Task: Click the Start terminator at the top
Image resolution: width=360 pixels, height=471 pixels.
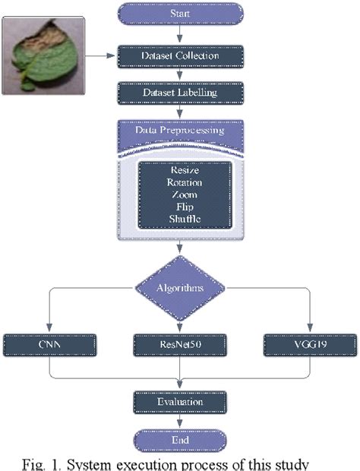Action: [180, 13]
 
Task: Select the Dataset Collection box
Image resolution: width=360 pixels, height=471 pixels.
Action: [180, 55]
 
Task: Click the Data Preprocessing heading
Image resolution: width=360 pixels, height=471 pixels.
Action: [180, 130]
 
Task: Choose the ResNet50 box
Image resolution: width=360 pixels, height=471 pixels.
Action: [180, 343]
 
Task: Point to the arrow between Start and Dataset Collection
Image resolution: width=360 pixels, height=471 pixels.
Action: [180, 33]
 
